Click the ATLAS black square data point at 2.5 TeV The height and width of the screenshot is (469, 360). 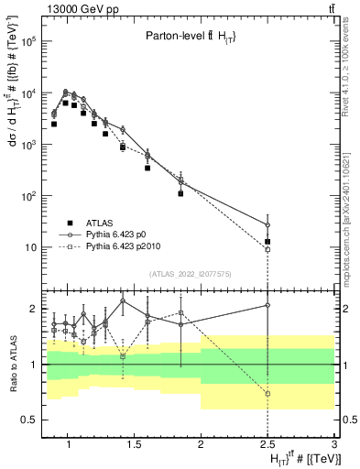(x=267, y=242)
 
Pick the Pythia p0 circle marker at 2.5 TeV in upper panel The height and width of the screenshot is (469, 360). (x=267, y=225)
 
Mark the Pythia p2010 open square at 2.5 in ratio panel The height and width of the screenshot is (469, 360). (x=267, y=394)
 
